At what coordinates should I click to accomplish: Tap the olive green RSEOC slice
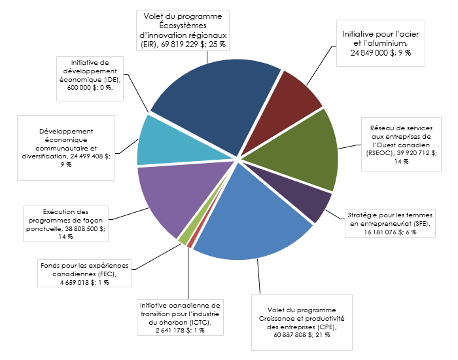308,147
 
